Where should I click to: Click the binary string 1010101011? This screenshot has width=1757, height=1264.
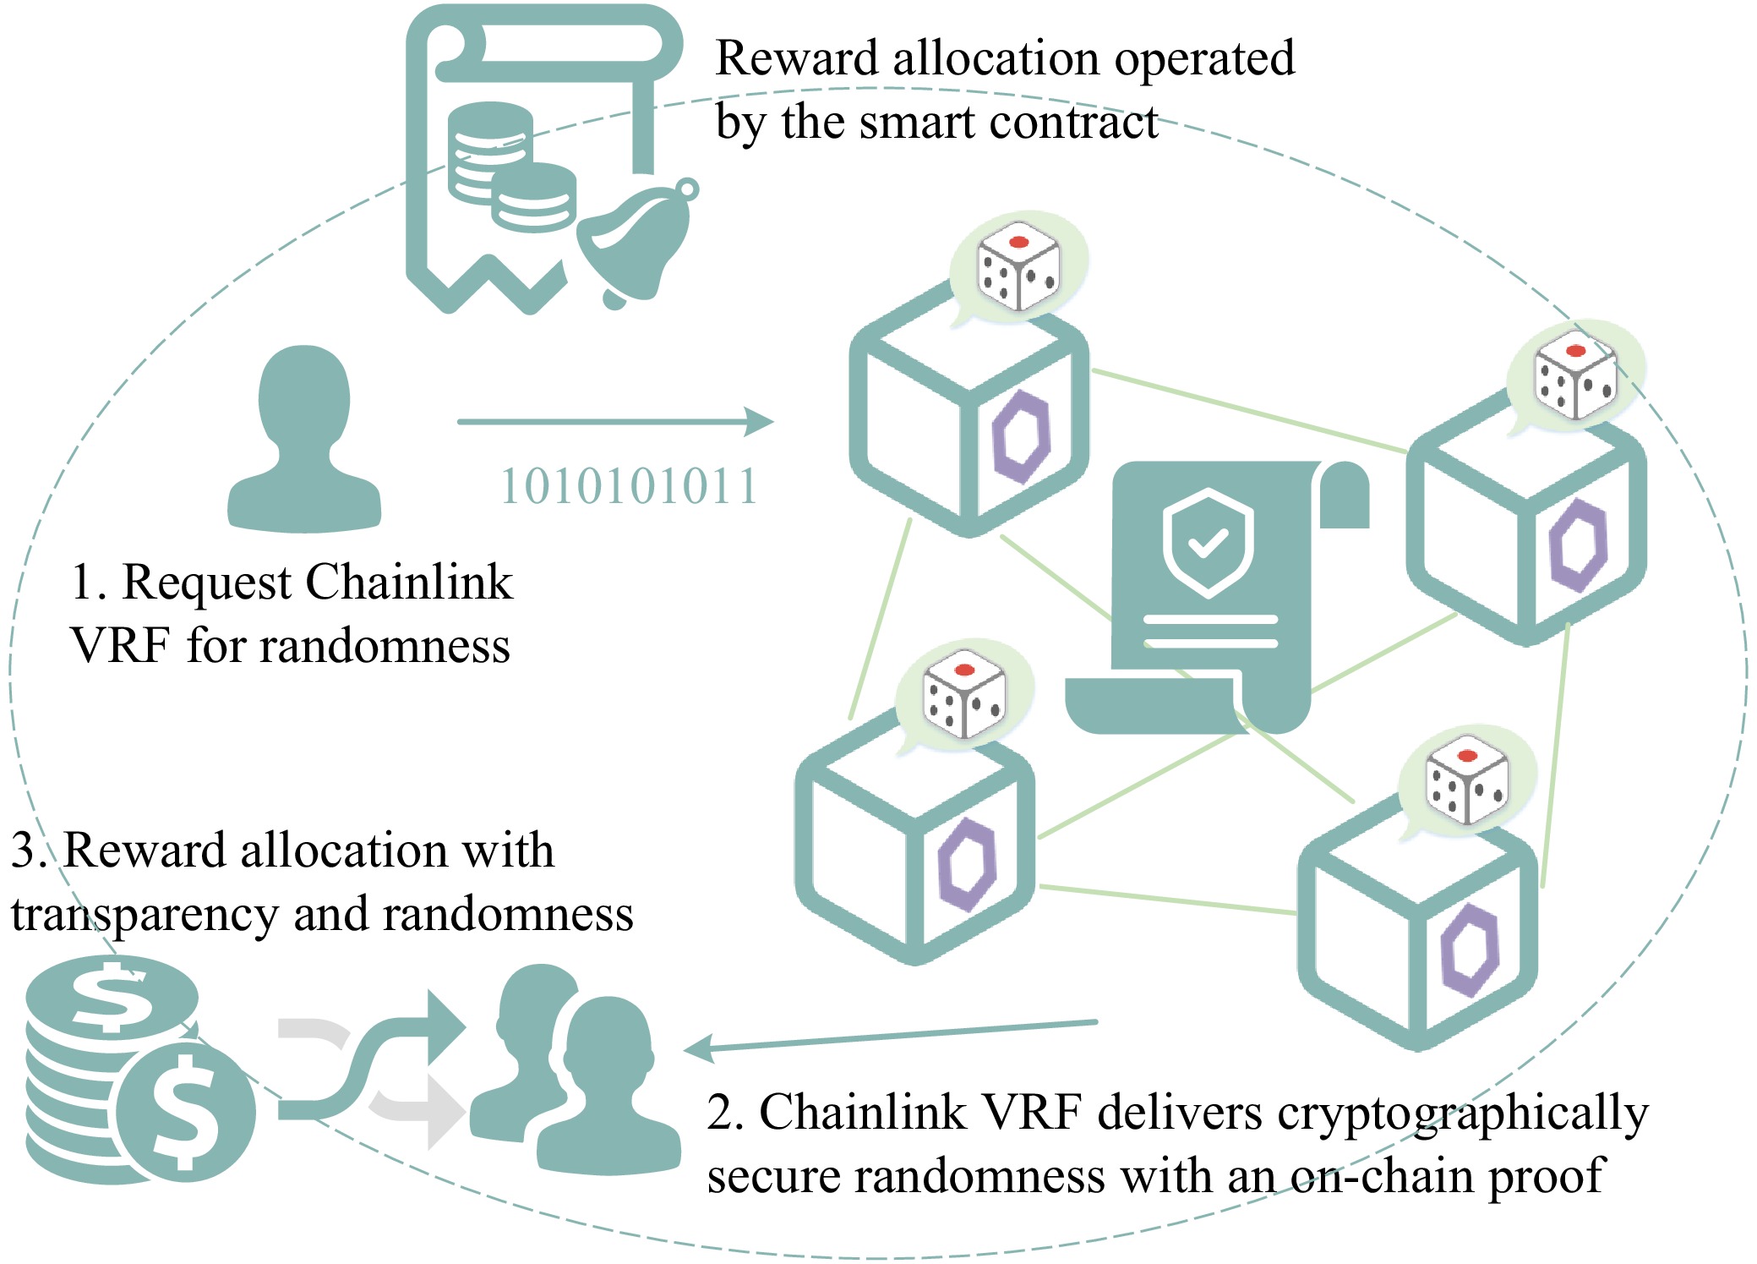[x=629, y=486]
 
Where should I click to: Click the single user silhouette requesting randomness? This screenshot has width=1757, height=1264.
[x=304, y=440]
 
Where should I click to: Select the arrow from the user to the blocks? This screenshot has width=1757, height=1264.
[x=615, y=421]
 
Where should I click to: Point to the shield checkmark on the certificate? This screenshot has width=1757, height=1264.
[x=1209, y=542]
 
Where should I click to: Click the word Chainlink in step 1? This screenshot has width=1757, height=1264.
[x=408, y=583]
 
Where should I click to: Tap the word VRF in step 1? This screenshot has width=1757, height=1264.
[x=121, y=647]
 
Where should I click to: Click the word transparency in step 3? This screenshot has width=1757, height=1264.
[x=145, y=915]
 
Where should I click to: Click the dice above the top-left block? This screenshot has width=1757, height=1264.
[x=1018, y=267]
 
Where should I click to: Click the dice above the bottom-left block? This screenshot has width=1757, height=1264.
[x=964, y=694]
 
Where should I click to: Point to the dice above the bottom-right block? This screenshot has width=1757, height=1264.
[x=1467, y=780]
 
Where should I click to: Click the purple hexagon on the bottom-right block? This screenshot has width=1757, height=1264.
[x=1470, y=949]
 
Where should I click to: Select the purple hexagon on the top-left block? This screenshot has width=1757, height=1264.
[x=1021, y=436]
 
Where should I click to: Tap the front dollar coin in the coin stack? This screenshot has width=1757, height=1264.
[x=185, y=1112]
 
